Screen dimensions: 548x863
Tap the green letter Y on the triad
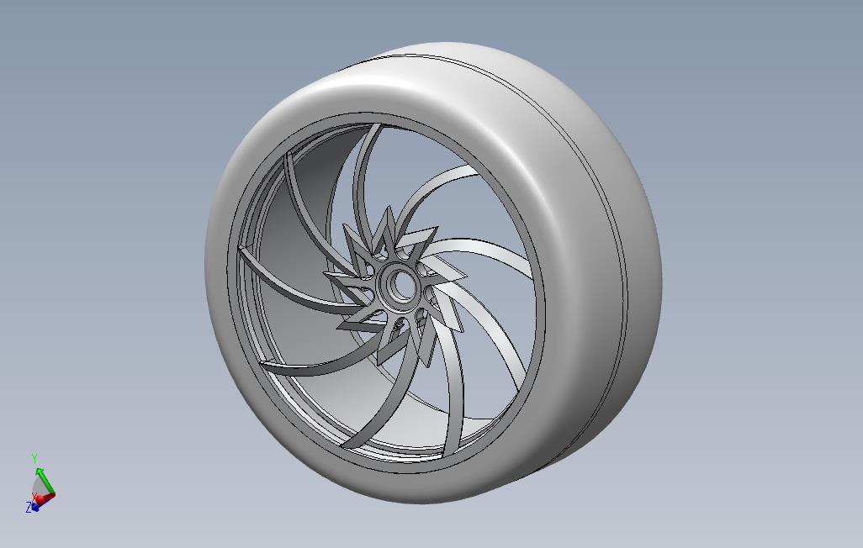34,459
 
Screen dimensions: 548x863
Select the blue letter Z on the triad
28,508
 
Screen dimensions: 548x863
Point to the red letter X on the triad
34,496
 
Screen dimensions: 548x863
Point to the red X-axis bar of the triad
45,498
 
